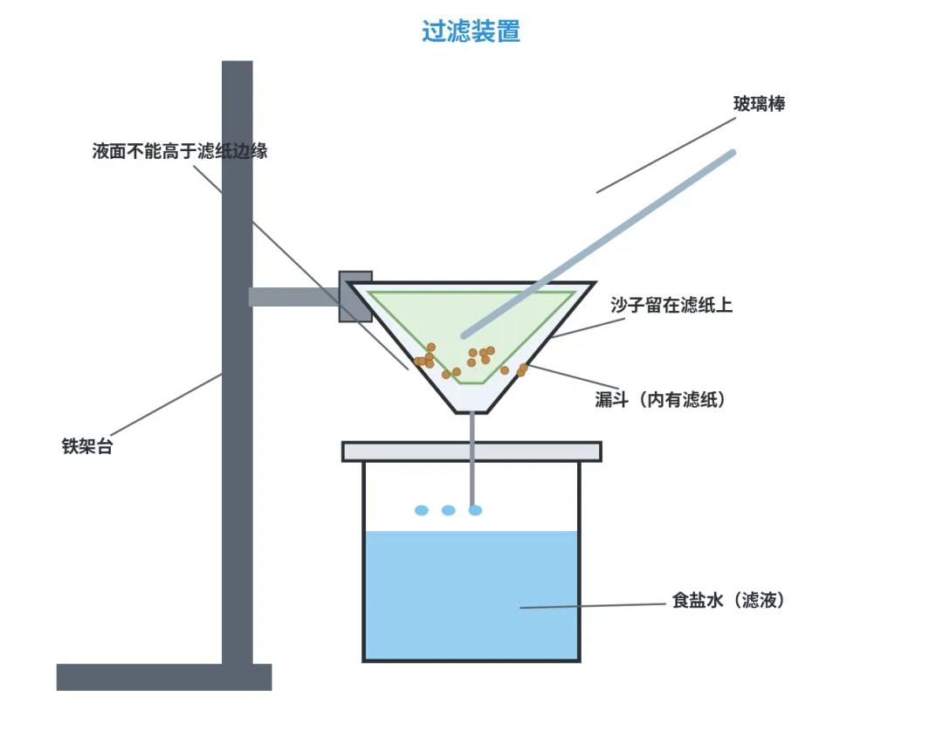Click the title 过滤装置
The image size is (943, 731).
tap(471, 31)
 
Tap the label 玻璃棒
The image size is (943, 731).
tap(759, 104)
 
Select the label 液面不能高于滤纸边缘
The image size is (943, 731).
tap(180, 151)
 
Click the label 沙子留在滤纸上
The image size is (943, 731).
tap(671, 305)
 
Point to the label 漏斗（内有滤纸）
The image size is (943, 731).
tap(660, 399)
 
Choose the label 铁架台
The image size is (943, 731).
tap(87, 446)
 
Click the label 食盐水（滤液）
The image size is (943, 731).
tap(728, 601)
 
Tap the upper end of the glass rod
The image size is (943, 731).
tap(732, 154)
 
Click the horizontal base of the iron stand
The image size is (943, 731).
tap(164, 677)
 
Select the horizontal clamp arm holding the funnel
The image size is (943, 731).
tap(295, 297)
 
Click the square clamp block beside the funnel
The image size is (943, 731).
tap(355, 297)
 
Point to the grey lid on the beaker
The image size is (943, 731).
tap(471, 452)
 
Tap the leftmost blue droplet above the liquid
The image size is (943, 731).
tap(422, 510)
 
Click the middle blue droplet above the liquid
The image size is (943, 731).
tap(449, 510)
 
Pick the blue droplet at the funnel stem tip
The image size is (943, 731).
tap(475, 510)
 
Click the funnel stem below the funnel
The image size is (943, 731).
tap(472, 459)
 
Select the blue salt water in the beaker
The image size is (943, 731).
tap(471, 595)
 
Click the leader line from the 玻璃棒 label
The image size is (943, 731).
tap(665, 155)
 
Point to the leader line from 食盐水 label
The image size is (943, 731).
tap(592, 605)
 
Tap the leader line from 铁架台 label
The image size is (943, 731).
tap(167, 403)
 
